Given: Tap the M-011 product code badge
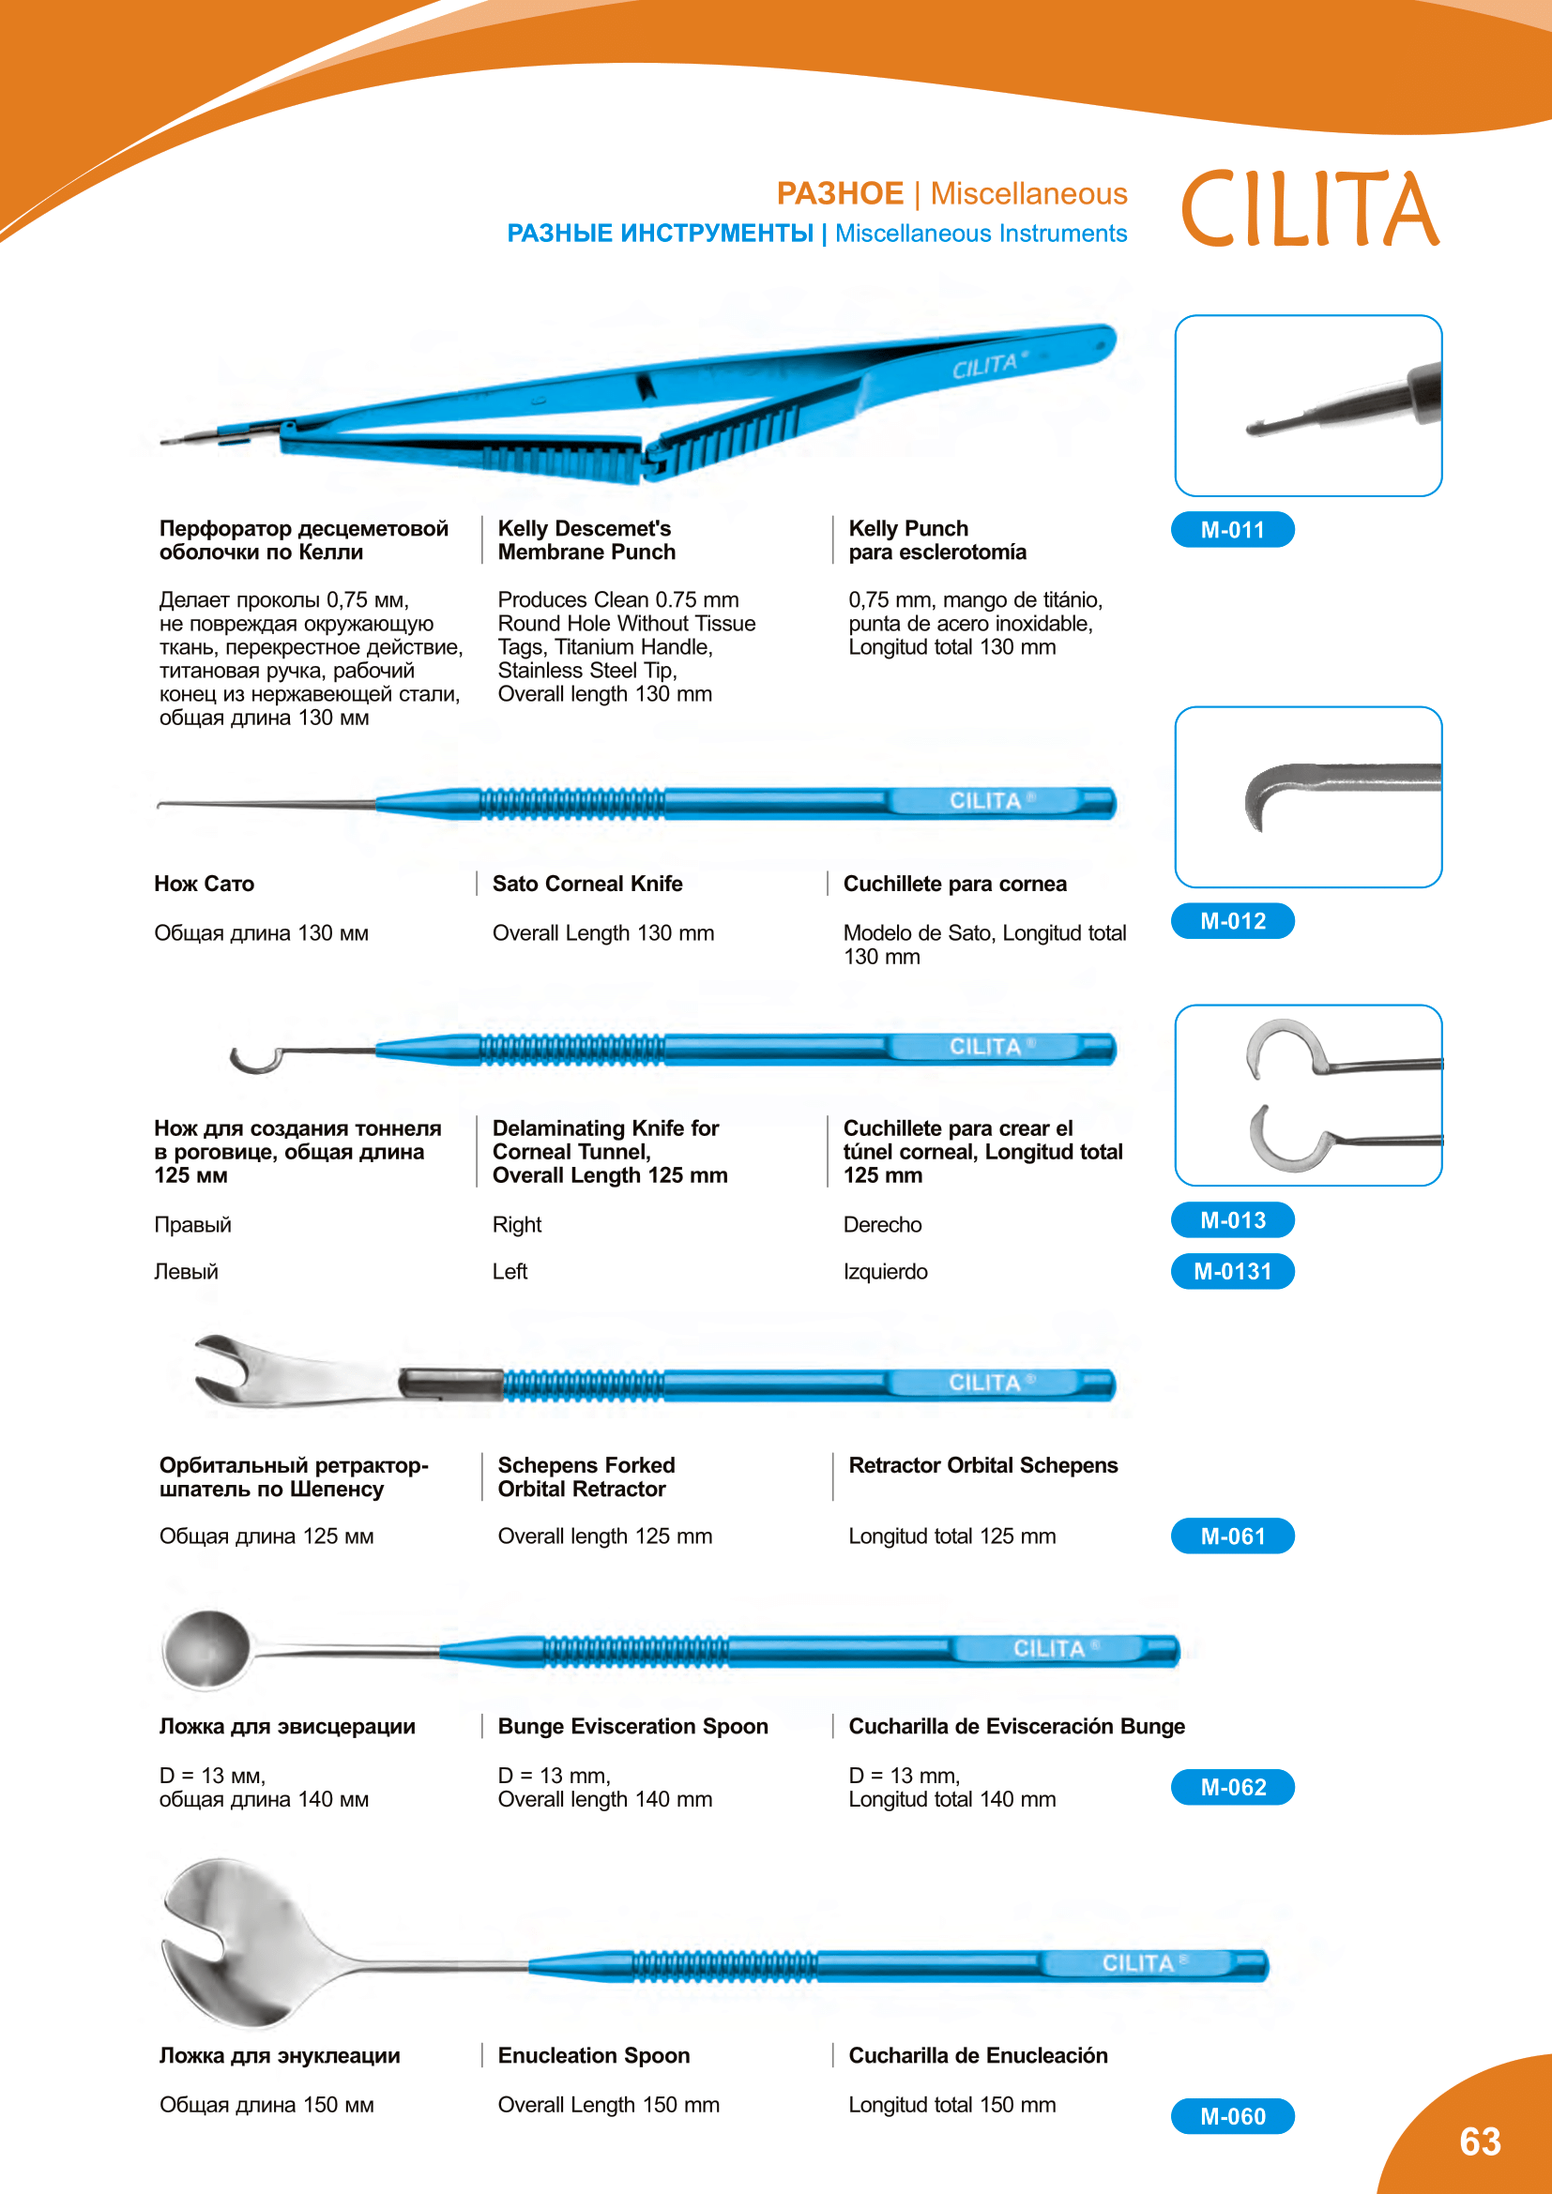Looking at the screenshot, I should (1232, 529).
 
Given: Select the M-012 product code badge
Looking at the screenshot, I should (1232, 921).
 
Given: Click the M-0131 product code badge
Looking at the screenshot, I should (1232, 1271).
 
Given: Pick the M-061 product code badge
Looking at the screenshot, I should (1232, 1536).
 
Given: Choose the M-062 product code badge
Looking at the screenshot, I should (1232, 1787).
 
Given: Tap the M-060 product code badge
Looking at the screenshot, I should (1232, 2116).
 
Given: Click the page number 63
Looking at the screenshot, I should (1480, 2141).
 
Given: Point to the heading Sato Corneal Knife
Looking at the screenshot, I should (586, 884).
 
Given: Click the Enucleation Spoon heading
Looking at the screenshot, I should (593, 2055).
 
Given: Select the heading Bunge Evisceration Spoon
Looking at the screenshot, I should (632, 1726).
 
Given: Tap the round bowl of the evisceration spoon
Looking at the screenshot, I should (206, 1648).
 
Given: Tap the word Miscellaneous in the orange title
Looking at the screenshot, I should (1028, 194).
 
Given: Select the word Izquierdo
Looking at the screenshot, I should (885, 1272).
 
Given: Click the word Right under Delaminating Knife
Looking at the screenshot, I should (517, 1225).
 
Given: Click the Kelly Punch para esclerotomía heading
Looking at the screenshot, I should (936, 540).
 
